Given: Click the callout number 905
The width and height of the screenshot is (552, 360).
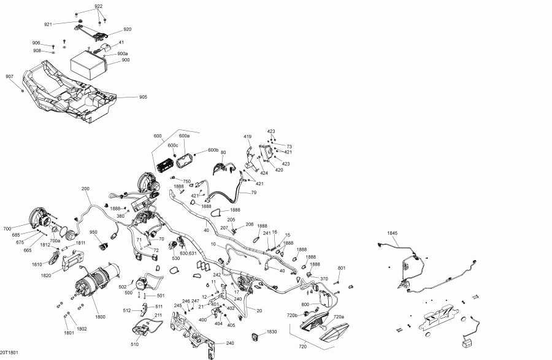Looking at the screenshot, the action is pyautogui.click(x=143, y=97).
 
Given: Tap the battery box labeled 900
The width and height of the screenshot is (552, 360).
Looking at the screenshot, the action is pyautogui.click(x=88, y=66).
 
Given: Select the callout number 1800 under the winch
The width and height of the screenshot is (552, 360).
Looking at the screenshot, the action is pyautogui.click(x=100, y=316).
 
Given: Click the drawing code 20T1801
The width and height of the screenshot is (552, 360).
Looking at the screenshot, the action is pyautogui.click(x=9, y=353).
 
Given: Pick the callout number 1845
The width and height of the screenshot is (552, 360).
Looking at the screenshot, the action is pyautogui.click(x=392, y=233).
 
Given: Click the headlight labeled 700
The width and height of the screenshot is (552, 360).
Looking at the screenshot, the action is pyautogui.click(x=39, y=219).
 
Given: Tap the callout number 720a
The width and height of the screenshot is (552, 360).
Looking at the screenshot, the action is pyautogui.click(x=339, y=316).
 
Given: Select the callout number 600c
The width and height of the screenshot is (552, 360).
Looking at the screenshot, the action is pyautogui.click(x=173, y=145).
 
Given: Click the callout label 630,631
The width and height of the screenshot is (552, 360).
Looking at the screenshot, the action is pyautogui.click(x=188, y=253).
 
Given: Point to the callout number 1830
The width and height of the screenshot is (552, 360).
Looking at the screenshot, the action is pyautogui.click(x=272, y=332).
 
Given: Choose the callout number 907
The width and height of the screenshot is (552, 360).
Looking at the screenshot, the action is pyautogui.click(x=9, y=77).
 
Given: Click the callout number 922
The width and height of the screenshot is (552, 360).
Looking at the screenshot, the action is pyautogui.click(x=99, y=6).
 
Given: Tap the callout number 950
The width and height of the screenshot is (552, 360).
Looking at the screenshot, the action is pyautogui.click(x=93, y=232).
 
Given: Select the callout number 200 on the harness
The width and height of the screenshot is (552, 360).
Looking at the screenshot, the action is pyautogui.click(x=85, y=189).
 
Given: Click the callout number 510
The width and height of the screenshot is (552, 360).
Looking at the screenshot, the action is pyautogui.click(x=134, y=345).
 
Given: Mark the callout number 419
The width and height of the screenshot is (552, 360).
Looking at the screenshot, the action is pyautogui.click(x=248, y=137).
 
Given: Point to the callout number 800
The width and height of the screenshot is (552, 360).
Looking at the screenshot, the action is pyautogui.click(x=305, y=304).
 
